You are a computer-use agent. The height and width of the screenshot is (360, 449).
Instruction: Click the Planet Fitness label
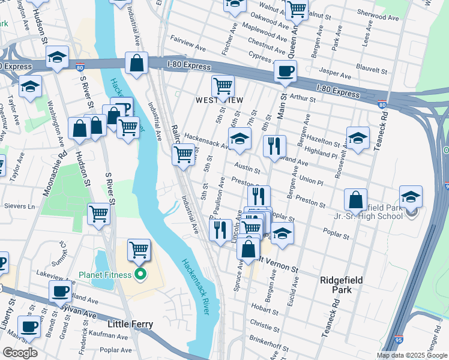click(104, 275)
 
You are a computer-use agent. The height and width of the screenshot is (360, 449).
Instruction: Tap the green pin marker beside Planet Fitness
click(140, 275)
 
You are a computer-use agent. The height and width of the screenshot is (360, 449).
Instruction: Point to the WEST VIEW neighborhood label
click(220, 100)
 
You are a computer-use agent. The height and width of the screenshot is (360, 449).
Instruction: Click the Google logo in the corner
click(19, 352)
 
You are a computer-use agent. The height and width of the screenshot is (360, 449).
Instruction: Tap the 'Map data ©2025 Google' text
click(411, 355)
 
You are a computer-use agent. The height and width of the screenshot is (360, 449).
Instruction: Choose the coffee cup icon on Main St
click(285, 72)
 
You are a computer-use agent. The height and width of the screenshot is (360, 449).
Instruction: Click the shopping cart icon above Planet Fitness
click(139, 249)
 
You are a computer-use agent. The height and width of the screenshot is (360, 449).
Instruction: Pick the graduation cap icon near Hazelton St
click(358, 139)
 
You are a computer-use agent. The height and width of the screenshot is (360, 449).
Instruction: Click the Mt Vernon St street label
click(279, 264)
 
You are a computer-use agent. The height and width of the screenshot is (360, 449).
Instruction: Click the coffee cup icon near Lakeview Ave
click(60, 292)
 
